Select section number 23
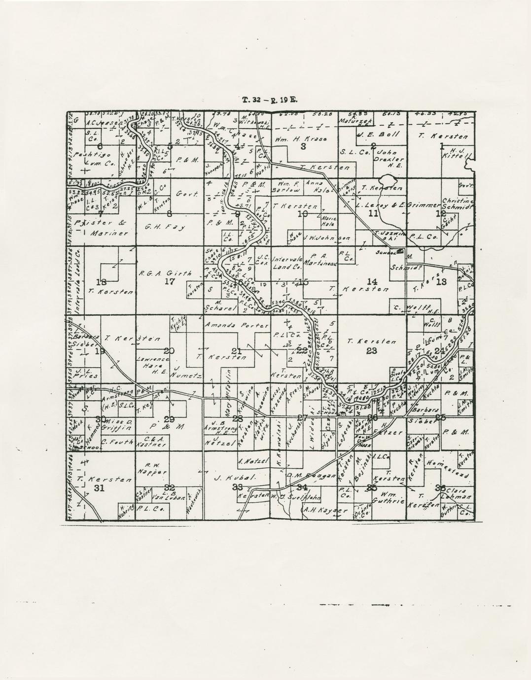pos(372,351)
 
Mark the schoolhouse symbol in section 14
pos(400,251)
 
